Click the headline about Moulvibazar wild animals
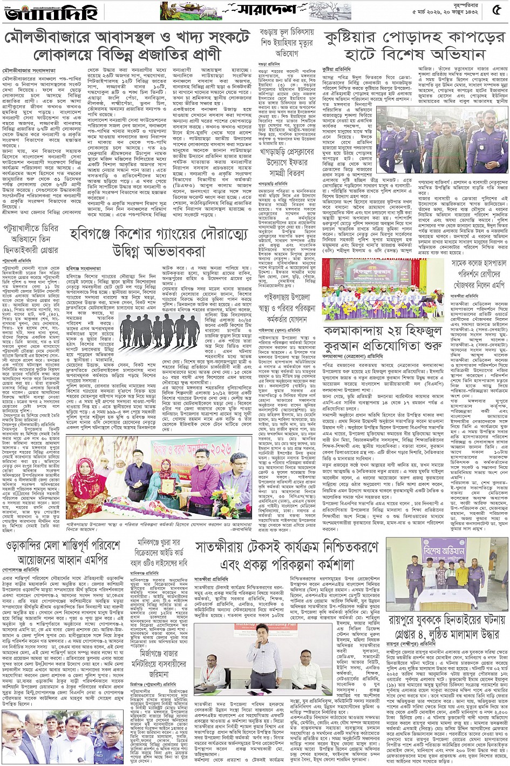(127, 46)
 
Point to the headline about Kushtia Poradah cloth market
(415, 46)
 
